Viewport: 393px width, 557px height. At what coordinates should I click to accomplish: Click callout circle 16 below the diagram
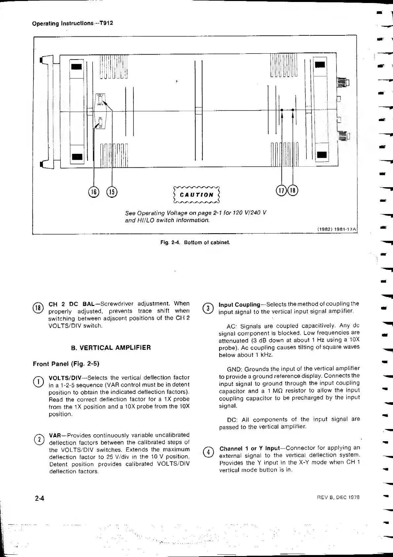tap(94, 192)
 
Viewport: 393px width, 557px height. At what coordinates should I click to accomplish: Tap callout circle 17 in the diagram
tap(281, 191)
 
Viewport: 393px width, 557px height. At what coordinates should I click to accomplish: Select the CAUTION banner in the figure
tap(196, 195)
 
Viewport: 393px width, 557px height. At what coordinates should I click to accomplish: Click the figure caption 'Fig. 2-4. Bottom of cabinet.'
tap(195, 242)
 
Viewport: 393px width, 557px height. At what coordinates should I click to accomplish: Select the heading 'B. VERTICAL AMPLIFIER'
tap(111, 348)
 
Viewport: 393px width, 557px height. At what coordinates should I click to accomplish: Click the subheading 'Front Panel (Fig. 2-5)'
tap(66, 364)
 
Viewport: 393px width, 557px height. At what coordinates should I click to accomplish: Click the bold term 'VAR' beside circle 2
tap(54, 435)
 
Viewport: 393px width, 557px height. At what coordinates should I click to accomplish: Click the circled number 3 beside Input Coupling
tap(208, 308)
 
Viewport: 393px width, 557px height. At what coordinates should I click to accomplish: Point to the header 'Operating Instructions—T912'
tap(73, 23)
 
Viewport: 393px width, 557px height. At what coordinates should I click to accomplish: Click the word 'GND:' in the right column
tap(234, 369)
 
